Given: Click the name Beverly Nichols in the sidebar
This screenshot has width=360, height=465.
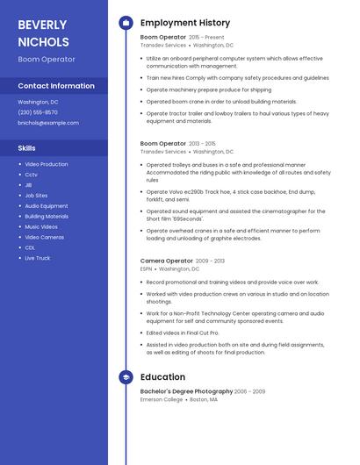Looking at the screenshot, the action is click(x=43, y=32).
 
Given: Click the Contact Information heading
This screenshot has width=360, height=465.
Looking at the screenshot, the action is click(x=56, y=86).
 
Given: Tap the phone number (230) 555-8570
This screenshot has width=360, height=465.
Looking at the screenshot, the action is click(x=38, y=112).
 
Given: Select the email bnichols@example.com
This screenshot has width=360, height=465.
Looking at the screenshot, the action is click(x=42, y=123).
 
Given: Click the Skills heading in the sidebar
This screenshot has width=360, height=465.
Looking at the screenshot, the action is click(x=27, y=148).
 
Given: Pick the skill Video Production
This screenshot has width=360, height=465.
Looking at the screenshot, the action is click(x=46, y=164).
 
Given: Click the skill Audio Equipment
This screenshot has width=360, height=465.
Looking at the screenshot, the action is click(x=46, y=206).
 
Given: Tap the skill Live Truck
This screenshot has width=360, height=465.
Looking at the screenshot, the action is click(x=38, y=258).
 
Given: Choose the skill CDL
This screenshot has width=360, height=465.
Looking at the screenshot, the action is click(x=31, y=247).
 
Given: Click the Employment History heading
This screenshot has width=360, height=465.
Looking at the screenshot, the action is click(x=185, y=23).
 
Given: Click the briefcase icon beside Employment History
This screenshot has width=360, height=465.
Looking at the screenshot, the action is click(x=126, y=23).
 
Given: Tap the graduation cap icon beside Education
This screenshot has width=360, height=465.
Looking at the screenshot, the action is click(x=126, y=377).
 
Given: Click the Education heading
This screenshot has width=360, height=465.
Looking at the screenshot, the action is click(x=162, y=377).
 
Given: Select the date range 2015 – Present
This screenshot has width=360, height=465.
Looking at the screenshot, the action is click(x=207, y=38).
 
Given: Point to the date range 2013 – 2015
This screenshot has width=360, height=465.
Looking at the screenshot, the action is click(x=202, y=143).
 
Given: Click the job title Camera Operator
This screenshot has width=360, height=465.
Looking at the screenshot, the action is click(x=166, y=261).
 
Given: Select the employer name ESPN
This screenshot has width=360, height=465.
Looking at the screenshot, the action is click(x=147, y=268).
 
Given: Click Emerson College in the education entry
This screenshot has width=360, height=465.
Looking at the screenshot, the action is click(x=162, y=399).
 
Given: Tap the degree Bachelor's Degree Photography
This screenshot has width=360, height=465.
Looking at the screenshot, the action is click(x=186, y=391).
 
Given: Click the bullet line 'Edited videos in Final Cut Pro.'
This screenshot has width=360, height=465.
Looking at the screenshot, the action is click(x=183, y=333).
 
